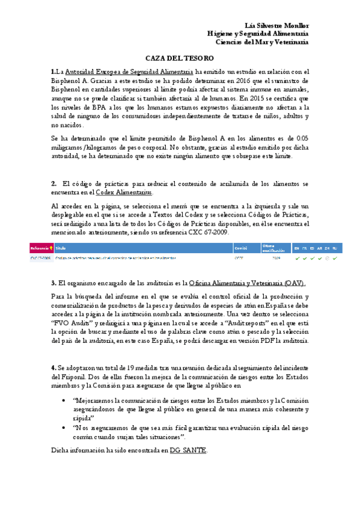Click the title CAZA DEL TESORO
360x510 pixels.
coord(180,58)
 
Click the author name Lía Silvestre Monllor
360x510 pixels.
coord(278,26)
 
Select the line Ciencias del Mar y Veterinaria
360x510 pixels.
coord(263,42)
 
